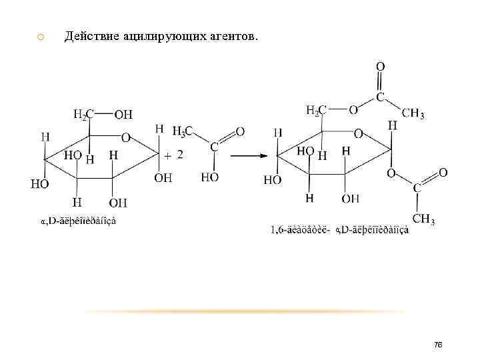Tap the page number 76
coord(438,345)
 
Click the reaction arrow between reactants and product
coord(249,156)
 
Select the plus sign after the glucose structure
coord(167,154)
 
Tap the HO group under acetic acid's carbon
coord(210,177)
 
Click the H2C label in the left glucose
coord(83,114)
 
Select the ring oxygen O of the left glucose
coord(125,137)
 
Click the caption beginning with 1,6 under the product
coord(339,230)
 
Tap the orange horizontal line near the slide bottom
coord(247,311)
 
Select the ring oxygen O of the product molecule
coord(358,133)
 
